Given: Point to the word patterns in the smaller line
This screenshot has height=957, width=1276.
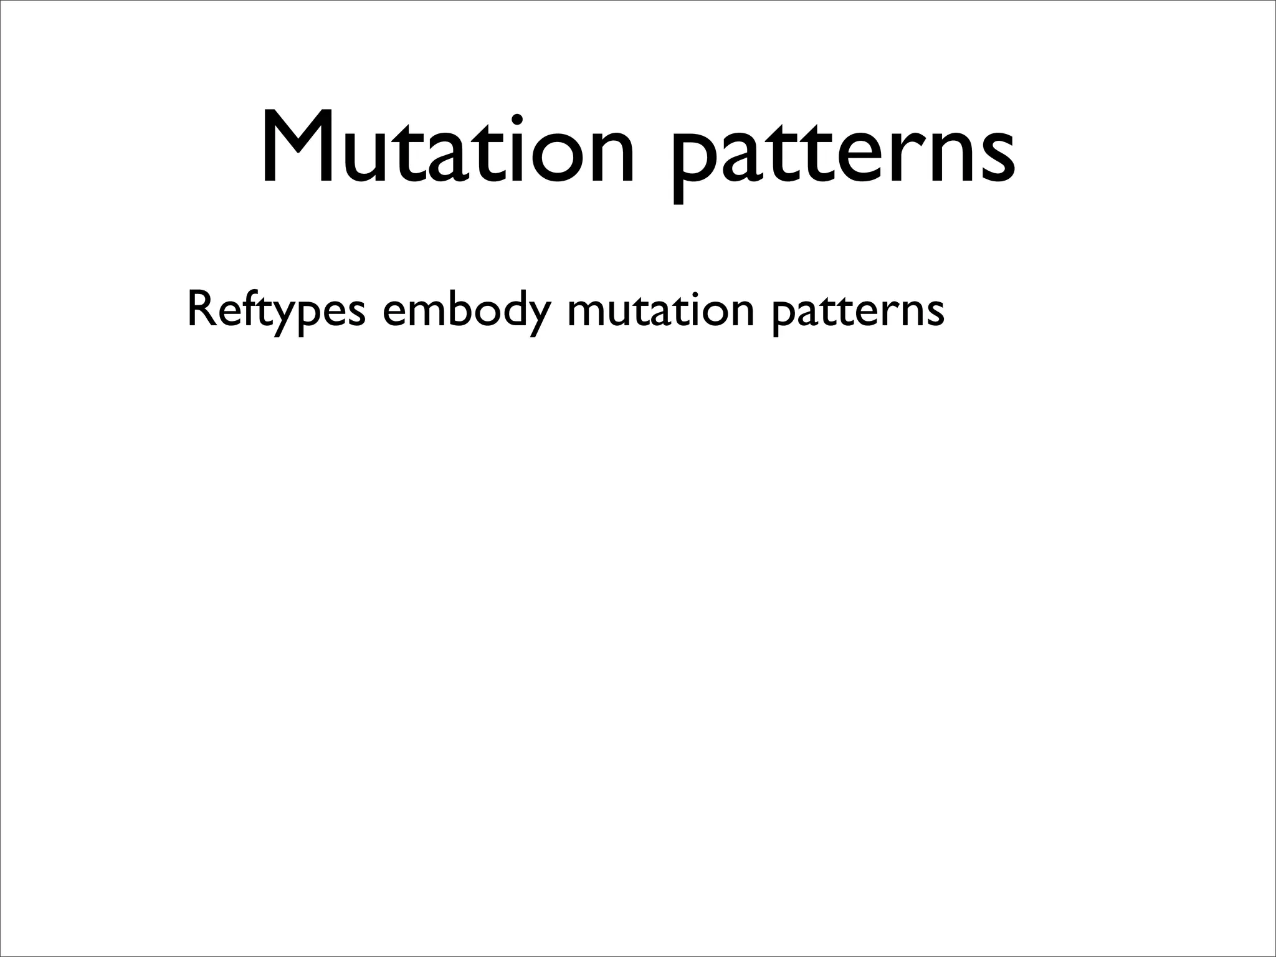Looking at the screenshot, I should point(857,312).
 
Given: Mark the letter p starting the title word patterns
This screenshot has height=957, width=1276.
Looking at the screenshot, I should point(691,159).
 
